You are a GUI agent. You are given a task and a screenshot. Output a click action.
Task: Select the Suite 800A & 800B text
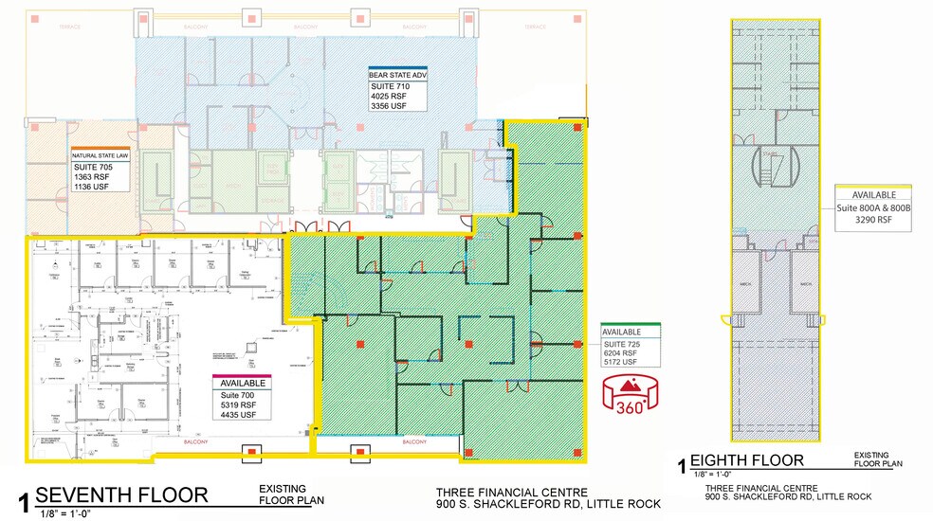872,206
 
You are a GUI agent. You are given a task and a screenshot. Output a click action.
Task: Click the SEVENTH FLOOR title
121,494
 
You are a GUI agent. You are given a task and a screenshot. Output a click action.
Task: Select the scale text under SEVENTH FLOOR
64,512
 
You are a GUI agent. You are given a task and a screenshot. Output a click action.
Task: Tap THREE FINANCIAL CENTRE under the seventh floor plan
511,493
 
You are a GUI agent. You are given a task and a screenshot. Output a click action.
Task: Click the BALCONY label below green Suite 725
414,441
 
